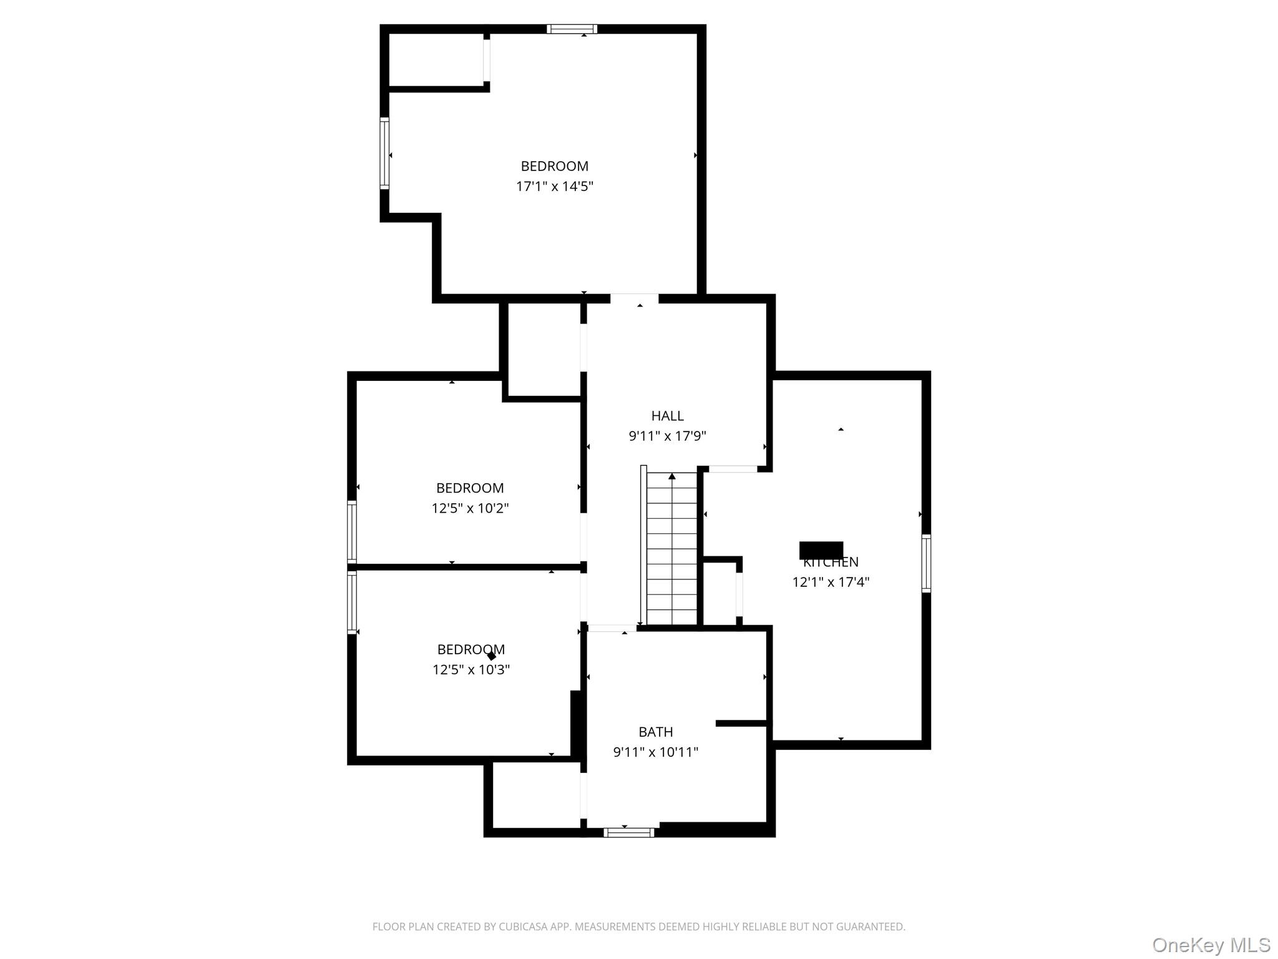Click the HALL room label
[x=667, y=416]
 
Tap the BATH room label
[x=655, y=732]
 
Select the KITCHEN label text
[x=831, y=563]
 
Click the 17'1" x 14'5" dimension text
[x=554, y=186]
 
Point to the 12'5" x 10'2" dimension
[x=470, y=508]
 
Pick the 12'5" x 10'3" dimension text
[x=471, y=670]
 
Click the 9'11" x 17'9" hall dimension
[x=667, y=436]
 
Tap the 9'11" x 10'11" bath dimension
[x=655, y=752]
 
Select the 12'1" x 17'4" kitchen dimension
[x=831, y=583]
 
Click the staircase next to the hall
[x=671, y=549]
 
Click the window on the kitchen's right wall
[x=926, y=563]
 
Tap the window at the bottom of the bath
[x=628, y=832]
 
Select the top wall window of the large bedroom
[x=572, y=29]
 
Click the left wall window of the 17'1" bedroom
[x=384, y=153]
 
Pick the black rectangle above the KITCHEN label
[x=821, y=549]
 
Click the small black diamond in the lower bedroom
[x=492, y=656]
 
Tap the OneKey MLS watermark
[x=1211, y=945]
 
